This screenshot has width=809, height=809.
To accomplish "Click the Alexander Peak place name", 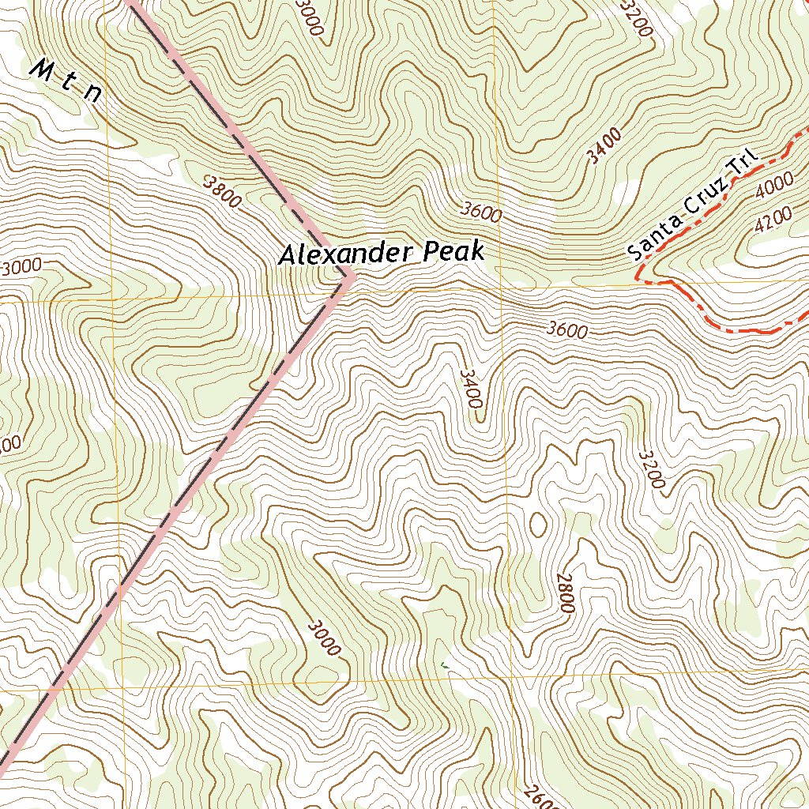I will pyautogui.click(x=380, y=254).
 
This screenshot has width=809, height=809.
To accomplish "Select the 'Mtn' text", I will pyautogui.click(x=66, y=81).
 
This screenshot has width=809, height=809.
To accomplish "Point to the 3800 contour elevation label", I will pyautogui.click(x=222, y=191).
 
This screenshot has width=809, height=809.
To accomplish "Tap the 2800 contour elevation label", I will pyautogui.click(x=565, y=593).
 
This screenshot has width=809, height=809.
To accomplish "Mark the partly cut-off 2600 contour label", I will pyautogui.click(x=541, y=796).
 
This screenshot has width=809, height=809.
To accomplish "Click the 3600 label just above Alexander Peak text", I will pyautogui.click(x=481, y=212).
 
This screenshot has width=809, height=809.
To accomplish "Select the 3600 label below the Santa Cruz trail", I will pyautogui.click(x=566, y=330).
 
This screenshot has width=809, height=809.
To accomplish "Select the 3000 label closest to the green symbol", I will pyautogui.click(x=325, y=638).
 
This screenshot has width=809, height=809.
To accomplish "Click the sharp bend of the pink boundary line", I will pyautogui.click(x=350, y=277).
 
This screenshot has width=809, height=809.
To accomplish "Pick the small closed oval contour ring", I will pyautogui.click(x=538, y=523).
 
